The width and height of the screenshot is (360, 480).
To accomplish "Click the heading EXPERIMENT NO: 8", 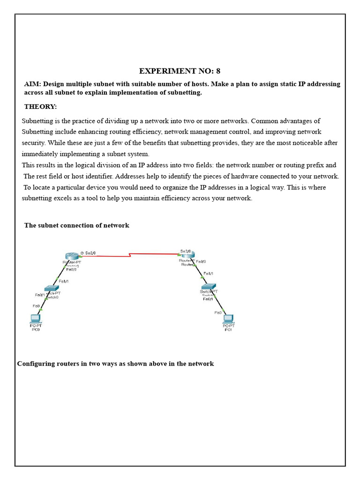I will [x=180, y=71].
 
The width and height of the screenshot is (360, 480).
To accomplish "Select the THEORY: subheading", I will [x=40, y=107].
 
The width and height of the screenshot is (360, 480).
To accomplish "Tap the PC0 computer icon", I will [x=35, y=319].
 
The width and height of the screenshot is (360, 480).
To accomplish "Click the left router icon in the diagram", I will [x=72, y=255].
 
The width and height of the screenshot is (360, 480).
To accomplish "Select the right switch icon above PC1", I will [x=208, y=286].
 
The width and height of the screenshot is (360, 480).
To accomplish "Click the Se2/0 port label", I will [x=90, y=253].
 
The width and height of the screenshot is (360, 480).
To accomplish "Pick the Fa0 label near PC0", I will [x=36, y=306].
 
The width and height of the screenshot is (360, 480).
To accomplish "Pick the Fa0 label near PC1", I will [x=217, y=312].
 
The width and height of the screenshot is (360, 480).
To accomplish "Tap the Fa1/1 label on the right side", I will [x=208, y=273].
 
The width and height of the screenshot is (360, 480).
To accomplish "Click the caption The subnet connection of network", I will [x=76, y=225].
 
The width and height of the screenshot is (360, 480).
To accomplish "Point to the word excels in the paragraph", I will [x=61, y=198].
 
